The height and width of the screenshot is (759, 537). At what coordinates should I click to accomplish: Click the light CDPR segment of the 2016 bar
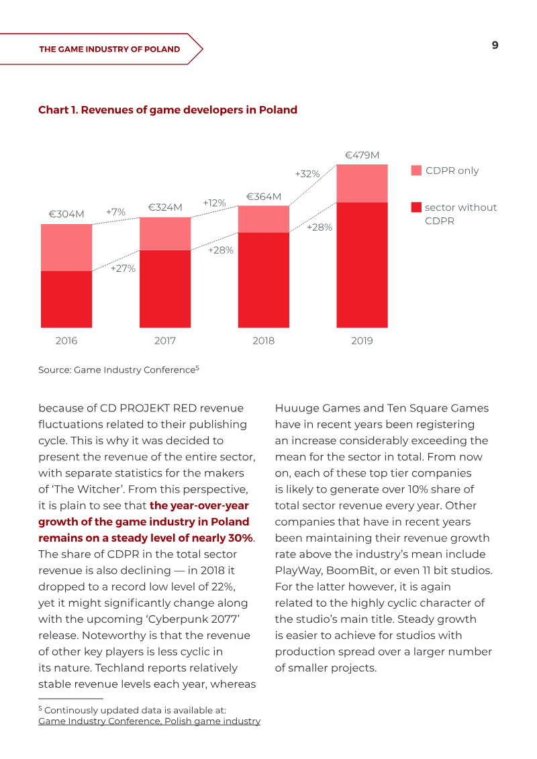click(x=66, y=248)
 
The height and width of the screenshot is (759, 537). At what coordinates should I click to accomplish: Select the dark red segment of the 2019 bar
click(x=362, y=265)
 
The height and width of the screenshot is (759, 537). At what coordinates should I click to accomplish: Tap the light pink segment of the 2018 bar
click(x=263, y=219)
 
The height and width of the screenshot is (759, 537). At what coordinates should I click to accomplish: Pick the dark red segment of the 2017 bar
click(x=165, y=289)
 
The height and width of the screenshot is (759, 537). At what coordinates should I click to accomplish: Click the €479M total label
click(x=362, y=156)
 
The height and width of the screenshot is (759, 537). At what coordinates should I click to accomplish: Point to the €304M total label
click(x=66, y=214)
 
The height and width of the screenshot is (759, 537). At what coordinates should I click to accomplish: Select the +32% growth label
click(x=307, y=174)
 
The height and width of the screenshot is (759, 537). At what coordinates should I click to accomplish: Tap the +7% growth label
click(x=115, y=212)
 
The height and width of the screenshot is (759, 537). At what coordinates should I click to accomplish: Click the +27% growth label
click(x=123, y=268)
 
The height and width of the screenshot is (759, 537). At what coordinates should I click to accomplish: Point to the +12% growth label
click(x=215, y=203)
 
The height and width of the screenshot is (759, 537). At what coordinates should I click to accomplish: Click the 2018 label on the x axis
click(x=263, y=341)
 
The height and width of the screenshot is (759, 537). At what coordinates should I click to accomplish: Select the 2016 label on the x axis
click(x=66, y=341)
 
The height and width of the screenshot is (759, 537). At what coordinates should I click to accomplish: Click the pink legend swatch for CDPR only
click(x=416, y=170)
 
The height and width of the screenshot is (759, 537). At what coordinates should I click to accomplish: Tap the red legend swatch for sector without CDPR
click(x=416, y=207)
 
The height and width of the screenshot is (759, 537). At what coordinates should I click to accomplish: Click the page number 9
click(x=495, y=45)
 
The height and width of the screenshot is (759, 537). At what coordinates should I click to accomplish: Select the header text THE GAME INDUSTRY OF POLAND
click(x=109, y=50)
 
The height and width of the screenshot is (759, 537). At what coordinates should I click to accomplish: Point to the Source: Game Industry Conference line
click(x=119, y=369)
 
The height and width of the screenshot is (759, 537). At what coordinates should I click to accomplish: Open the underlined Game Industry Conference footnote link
click(x=149, y=721)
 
